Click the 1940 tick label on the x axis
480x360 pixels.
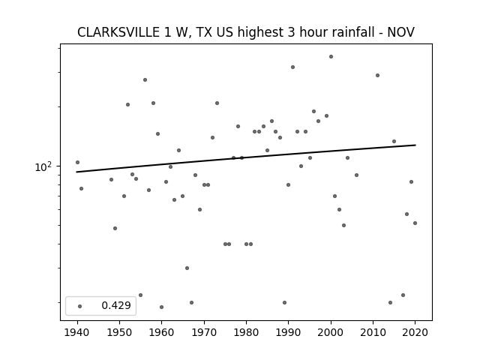pos(77,332)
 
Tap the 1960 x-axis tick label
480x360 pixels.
pos(162,332)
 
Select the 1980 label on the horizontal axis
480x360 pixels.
pos(246,332)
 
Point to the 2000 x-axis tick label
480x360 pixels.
pos(331,332)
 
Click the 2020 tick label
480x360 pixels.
pos(415,332)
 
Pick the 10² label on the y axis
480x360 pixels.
pos(43,166)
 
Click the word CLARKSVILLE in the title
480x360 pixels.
pos(118,32)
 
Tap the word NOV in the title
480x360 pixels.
pos(401,32)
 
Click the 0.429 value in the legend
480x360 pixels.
pos(116,305)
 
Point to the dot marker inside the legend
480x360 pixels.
pos(80,306)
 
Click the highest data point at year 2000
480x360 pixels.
pos(331,57)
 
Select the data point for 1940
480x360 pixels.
pos(77,162)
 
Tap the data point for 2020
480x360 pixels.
pos(415,223)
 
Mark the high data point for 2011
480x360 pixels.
pos(377,75)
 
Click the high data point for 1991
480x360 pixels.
pos(293,67)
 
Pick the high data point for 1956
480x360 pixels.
pos(145,80)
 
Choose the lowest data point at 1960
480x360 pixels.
pos(162,307)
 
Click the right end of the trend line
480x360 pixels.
pos(415,145)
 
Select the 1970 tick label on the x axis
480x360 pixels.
pos(204,332)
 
